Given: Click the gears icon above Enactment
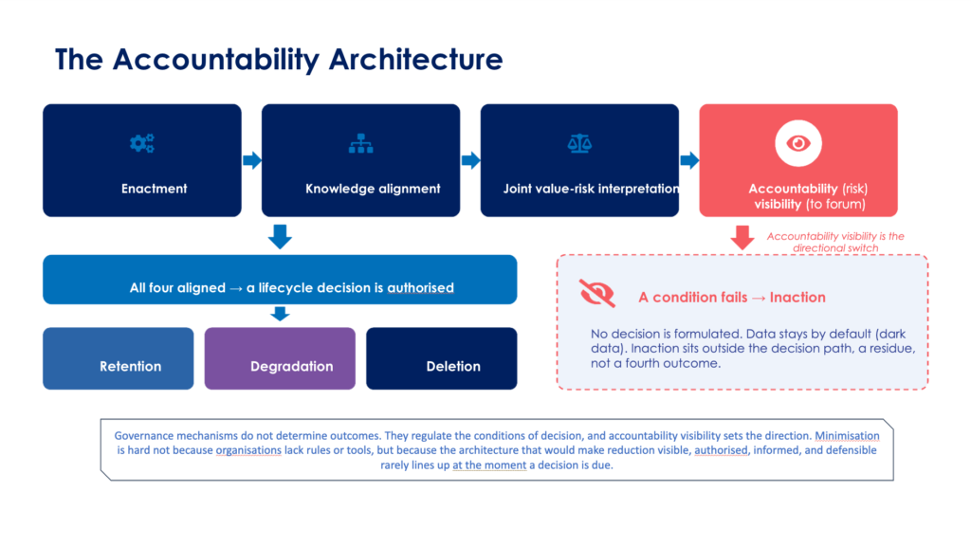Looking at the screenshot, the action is click(x=142, y=144).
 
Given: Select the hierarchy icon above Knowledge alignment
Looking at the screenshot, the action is click(x=360, y=144).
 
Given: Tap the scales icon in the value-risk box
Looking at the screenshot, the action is click(x=579, y=144).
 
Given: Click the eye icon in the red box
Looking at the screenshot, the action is click(x=798, y=144).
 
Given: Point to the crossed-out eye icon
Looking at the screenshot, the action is click(x=597, y=293).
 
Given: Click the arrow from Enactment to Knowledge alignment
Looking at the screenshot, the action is click(x=252, y=160).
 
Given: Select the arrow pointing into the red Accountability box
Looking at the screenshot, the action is click(x=689, y=160).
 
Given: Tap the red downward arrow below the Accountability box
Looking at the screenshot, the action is click(x=742, y=237).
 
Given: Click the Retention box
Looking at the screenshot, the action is click(x=119, y=358).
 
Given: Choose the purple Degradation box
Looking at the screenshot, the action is click(x=280, y=358).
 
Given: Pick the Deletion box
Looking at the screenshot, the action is click(x=442, y=358).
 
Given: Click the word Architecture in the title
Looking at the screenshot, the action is click(x=415, y=60).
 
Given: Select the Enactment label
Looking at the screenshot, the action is click(x=155, y=189).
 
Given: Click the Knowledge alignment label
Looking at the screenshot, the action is click(x=373, y=189).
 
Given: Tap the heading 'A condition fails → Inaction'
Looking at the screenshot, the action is click(x=732, y=297).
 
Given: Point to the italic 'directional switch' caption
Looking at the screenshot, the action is click(x=835, y=248).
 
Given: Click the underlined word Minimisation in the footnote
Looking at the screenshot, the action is click(x=847, y=436).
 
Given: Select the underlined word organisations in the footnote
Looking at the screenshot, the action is click(x=248, y=450).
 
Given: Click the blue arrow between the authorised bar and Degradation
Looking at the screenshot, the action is click(x=280, y=313).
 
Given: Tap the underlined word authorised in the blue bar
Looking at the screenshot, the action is click(x=420, y=288).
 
